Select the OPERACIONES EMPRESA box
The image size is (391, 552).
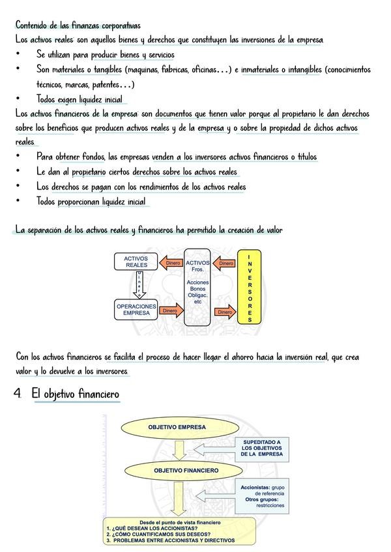coord(136,310)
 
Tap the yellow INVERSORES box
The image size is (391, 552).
coord(250,286)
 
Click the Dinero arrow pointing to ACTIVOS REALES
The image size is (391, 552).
coord(172,264)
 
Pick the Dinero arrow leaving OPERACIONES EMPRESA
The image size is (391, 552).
coord(169,311)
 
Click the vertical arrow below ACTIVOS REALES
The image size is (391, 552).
coord(138,285)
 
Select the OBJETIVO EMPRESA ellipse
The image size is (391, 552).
coord(177,428)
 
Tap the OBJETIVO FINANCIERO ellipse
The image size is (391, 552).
coord(186,470)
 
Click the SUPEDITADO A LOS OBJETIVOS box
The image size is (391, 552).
coord(261,447)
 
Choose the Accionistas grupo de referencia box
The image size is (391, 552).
coord(262,495)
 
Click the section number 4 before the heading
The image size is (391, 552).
coord(18,394)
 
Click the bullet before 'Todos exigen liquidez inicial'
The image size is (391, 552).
coord(20,99)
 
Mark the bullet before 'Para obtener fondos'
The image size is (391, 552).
coord(20,156)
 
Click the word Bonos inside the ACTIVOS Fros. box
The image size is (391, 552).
coord(198,288)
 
